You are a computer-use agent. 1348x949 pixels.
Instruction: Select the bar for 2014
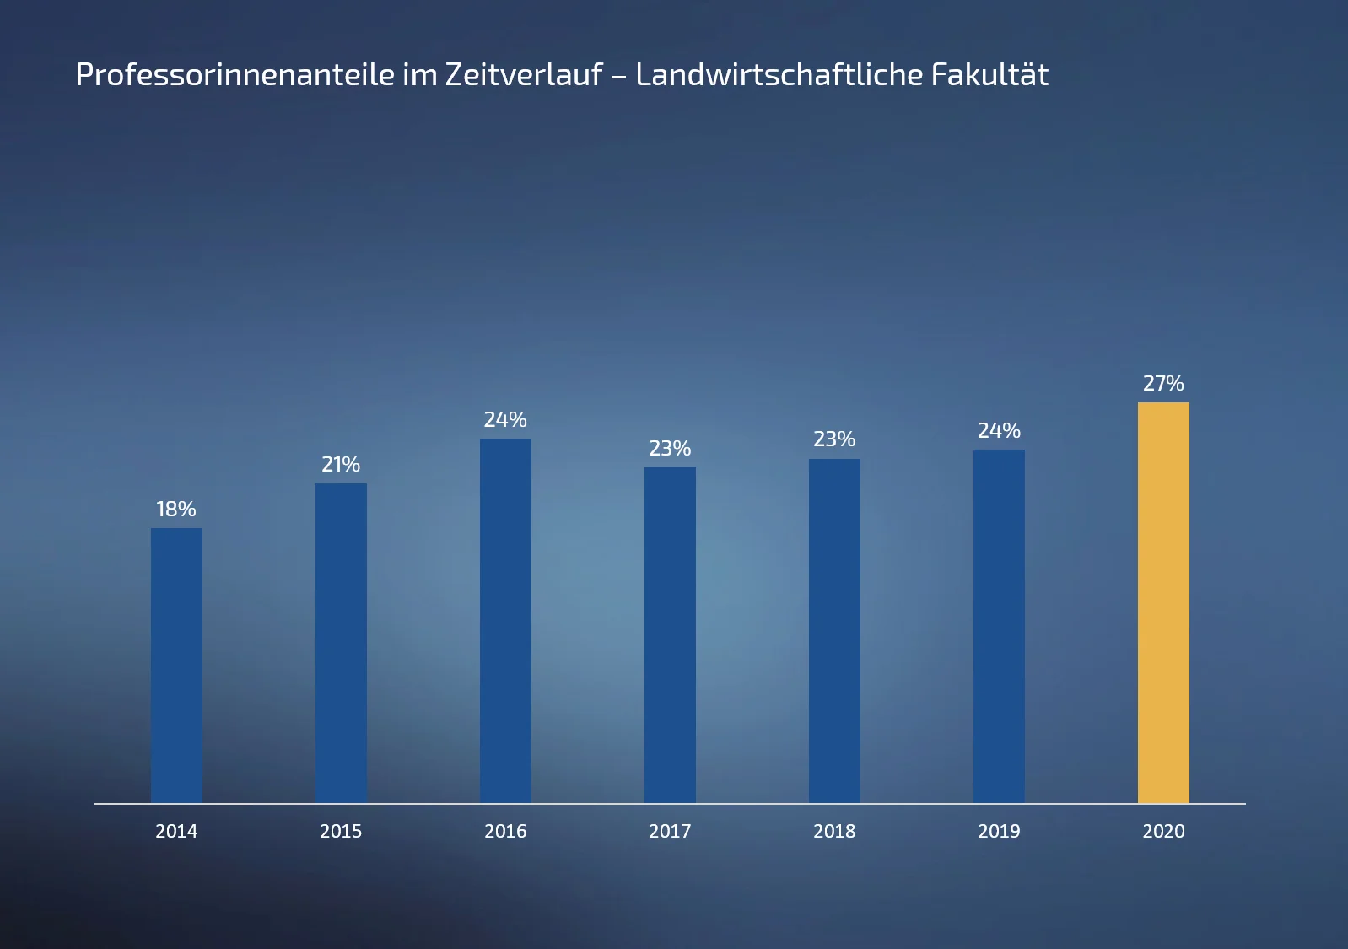pyautogui.click(x=176, y=666)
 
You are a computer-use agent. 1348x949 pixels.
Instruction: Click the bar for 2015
pyautogui.click(x=341, y=643)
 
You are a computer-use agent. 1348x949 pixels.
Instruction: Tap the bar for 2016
pyautogui.click(x=505, y=621)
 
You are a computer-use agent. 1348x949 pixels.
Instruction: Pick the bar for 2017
pyautogui.click(x=670, y=635)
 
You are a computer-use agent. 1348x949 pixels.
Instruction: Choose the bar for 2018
pyautogui.click(x=834, y=631)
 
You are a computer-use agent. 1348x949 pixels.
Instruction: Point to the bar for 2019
pyautogui.click(x=999, y=626)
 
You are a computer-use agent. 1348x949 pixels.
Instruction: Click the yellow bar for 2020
pyautogui.click(x=1163, y=602)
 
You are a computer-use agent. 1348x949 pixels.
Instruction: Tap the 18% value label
pyautogui.click(x=176, y=510)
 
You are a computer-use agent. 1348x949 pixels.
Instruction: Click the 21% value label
pyautogui.click(x=341, y=465)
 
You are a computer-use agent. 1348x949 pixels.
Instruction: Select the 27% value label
pyautogui.click(x=1163, y=384)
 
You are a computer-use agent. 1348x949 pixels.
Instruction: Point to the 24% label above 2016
pyautogui.click(x=505, y=420)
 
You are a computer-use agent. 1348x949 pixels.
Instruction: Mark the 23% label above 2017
pyautogui.click(x=670, y=449)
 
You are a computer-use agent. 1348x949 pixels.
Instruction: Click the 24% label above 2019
pyautogui.click(x=999, y=431)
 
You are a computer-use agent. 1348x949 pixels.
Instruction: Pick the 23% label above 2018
pyautogui.click(x=834, y=439)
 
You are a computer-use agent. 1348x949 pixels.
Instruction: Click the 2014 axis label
pyautogui.click(x=176, y=832)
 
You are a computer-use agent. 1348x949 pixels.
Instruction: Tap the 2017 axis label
pyautogui.click(x=670, y=832)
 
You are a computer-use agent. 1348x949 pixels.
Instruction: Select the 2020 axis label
pyautogui.click(x=1163, y=832)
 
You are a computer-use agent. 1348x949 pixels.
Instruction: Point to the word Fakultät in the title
pyautogui.click(x=989, y=75)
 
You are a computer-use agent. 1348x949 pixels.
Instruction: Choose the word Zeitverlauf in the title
pyautogui.click(x=523, y=75)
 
